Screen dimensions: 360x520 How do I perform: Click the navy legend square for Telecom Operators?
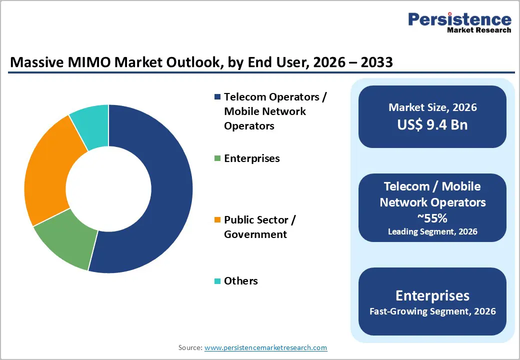(217, 97)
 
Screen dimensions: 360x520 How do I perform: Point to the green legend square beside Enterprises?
(217, 158)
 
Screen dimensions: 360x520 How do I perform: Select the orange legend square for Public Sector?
(217, 220)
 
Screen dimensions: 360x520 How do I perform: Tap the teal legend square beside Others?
(217, 281)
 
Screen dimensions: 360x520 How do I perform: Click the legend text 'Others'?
(241, 281)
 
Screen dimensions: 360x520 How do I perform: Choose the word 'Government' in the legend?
(255, 234)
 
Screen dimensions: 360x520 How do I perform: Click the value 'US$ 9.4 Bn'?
(432, 124)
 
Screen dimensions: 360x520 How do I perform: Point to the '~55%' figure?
(432, 218)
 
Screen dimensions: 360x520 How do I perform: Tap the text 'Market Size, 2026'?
(432, 107)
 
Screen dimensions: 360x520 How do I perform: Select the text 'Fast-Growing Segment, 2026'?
(432, 311)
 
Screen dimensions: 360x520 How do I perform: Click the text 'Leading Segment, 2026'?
(432, 231)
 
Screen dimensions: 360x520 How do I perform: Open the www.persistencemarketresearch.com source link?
(265, 347)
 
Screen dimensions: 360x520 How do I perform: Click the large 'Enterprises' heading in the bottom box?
(432, 295)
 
